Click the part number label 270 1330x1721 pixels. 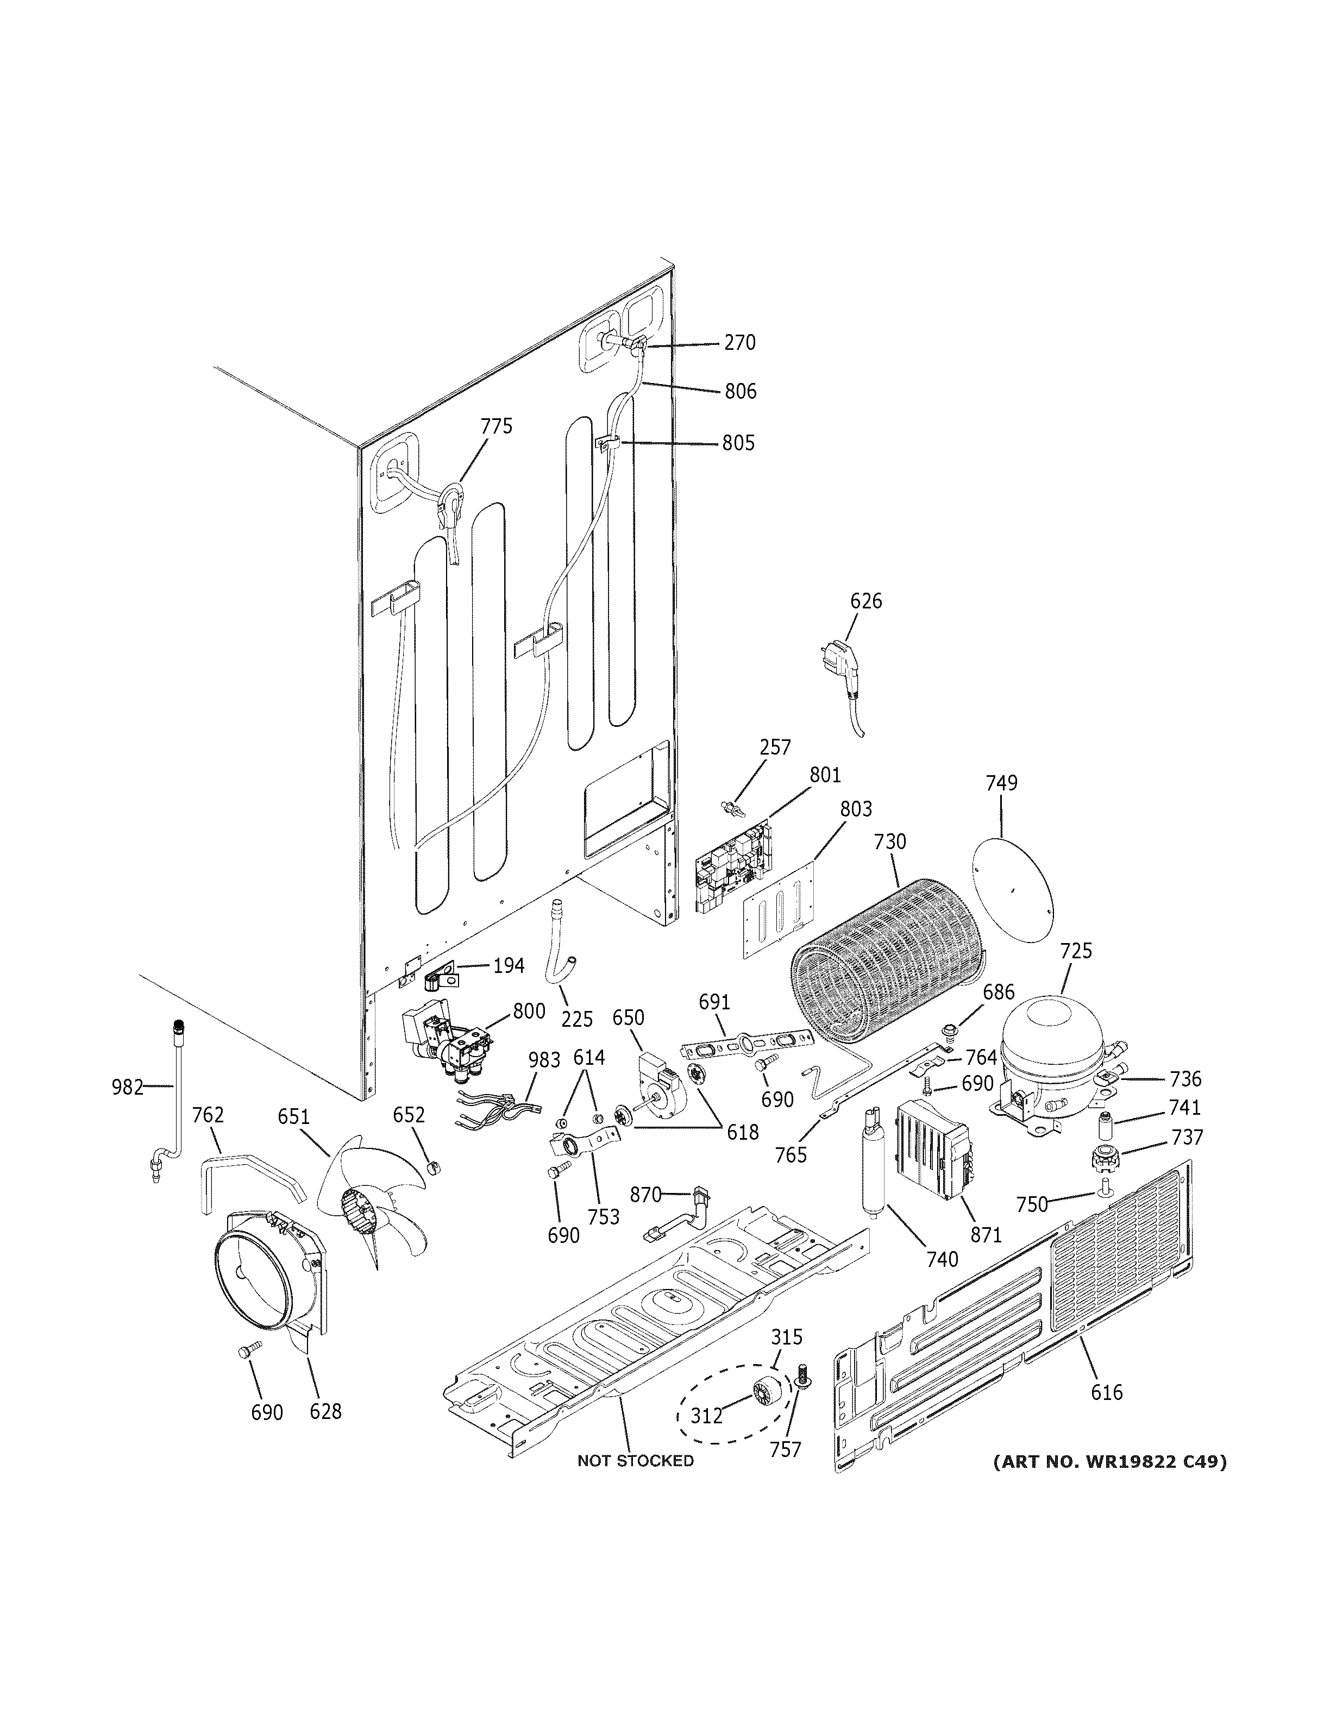(x=740, y=343)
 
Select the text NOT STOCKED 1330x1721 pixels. (x=635, y=1461)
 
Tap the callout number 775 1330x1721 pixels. (x=497, y=426)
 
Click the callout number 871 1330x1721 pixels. (x=985, y=1235)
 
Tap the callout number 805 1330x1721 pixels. (x=738, y=443)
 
